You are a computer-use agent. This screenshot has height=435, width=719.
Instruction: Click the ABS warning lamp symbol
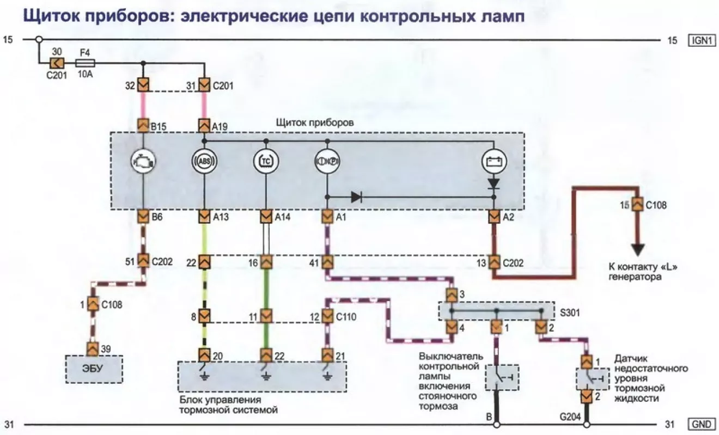point(204,161)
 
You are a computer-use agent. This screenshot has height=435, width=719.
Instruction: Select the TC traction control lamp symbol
point(266,161)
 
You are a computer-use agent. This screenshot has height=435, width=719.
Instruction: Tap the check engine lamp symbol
point(143,161)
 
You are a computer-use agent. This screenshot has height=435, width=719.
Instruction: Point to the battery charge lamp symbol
point(495,161)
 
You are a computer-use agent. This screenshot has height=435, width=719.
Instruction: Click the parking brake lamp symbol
point(327,161)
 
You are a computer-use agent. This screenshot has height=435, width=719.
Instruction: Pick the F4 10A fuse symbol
point(85,63)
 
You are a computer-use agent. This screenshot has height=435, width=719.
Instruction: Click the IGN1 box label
point(702,40)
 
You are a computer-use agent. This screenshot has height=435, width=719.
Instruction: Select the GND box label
point(702,424)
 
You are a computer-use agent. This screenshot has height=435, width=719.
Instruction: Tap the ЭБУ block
point(94,369)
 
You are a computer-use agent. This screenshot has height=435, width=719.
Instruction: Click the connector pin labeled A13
point(204,217)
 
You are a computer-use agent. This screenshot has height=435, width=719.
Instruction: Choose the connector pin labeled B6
point(143,217)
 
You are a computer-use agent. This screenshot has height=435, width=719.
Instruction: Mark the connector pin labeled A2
point(495,217)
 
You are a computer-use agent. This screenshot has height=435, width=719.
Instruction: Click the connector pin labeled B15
point(143,125)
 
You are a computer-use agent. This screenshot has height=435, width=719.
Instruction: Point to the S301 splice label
point(570,313)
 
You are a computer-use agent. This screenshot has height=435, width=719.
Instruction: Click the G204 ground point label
point(570,416)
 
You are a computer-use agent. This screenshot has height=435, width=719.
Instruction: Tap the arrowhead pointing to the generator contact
point(638,250)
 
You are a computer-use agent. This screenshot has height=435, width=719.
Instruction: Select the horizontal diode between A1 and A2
point(357,197)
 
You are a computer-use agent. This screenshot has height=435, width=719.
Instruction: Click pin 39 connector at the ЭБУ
point(93,349)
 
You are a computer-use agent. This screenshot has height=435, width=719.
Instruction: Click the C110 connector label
point(346,317)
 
